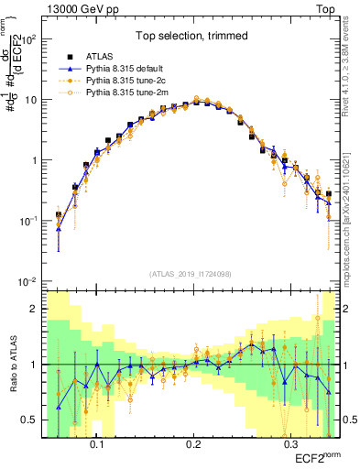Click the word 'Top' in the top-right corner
click(x=327, y=7)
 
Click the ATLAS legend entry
click(x=104, y=56)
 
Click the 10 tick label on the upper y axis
click(x=31, y=100)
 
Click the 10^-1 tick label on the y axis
click(x=27, y=221)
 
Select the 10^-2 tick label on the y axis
click(x=27, y=281)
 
